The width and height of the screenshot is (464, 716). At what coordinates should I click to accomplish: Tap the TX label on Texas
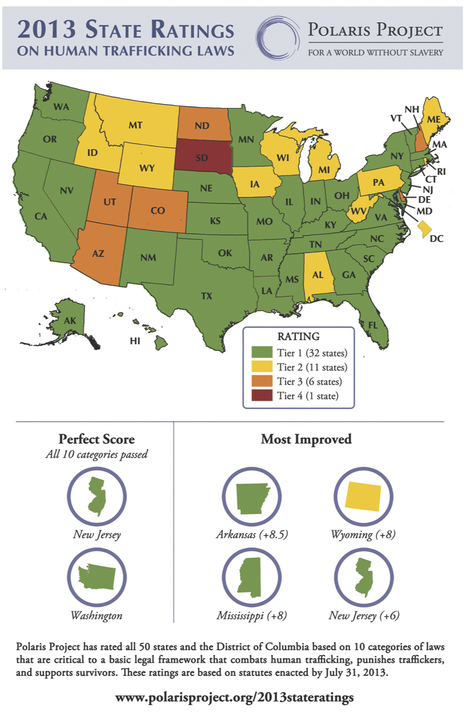[206, 296]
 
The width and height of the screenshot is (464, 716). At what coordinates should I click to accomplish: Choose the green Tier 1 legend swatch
[261, 352]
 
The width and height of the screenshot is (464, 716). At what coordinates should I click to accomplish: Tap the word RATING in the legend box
[298, 337]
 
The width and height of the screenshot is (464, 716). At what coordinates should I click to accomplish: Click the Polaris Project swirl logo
[277, 37]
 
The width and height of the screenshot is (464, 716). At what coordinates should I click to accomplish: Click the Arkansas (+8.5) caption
[251, 535]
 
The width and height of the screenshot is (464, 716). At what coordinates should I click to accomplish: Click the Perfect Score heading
[97, 439]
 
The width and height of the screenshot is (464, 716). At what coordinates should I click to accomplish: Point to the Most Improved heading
[306, 439]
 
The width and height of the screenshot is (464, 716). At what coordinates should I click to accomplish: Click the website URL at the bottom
[234, 697]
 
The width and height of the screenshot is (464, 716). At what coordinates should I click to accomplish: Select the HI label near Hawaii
[135, 341]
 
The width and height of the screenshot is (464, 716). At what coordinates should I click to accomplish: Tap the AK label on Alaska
[70, 321]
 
